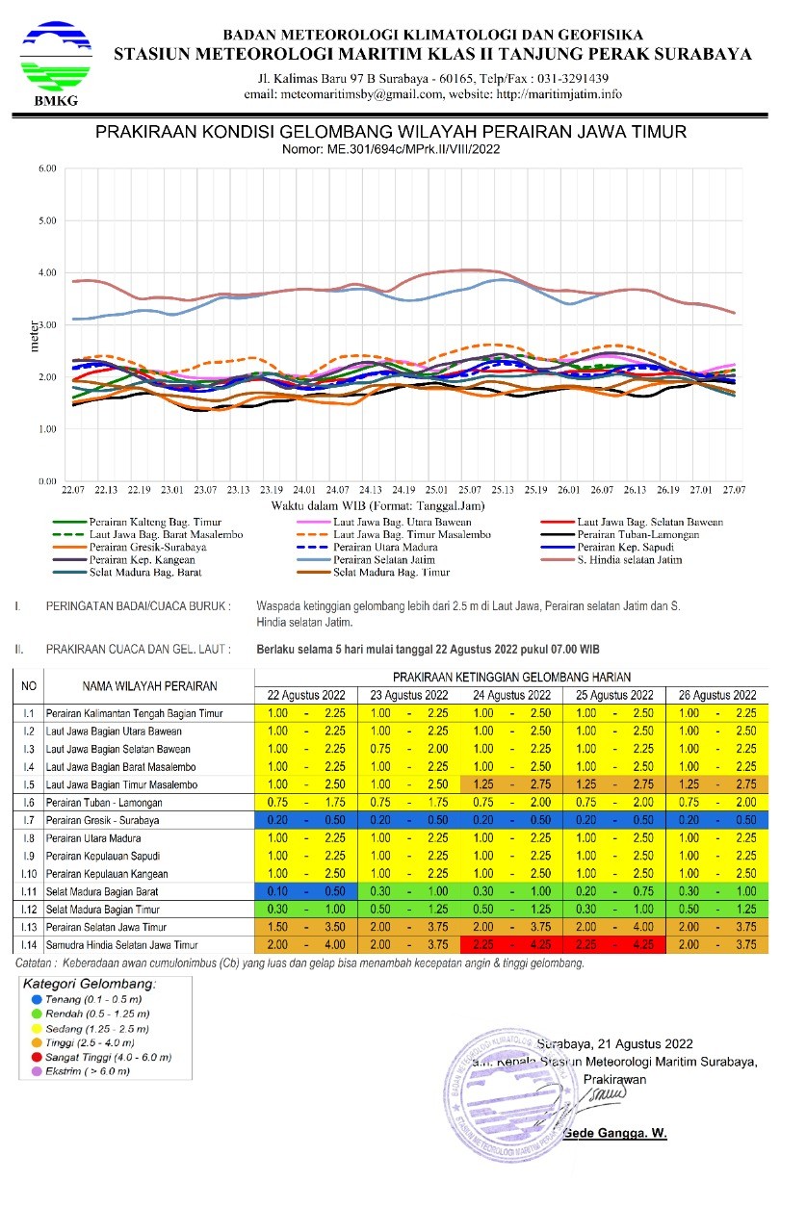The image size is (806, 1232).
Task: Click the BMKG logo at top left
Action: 56,64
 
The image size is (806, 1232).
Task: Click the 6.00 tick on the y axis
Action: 47,168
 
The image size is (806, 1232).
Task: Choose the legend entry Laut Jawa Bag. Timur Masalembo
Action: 411,534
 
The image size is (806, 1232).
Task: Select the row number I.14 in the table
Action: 30,945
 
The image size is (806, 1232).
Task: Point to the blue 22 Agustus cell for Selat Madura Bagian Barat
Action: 305,892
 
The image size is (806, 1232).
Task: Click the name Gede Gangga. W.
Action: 617,1133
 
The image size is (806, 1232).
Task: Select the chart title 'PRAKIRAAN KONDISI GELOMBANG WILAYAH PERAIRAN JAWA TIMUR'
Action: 391,132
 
